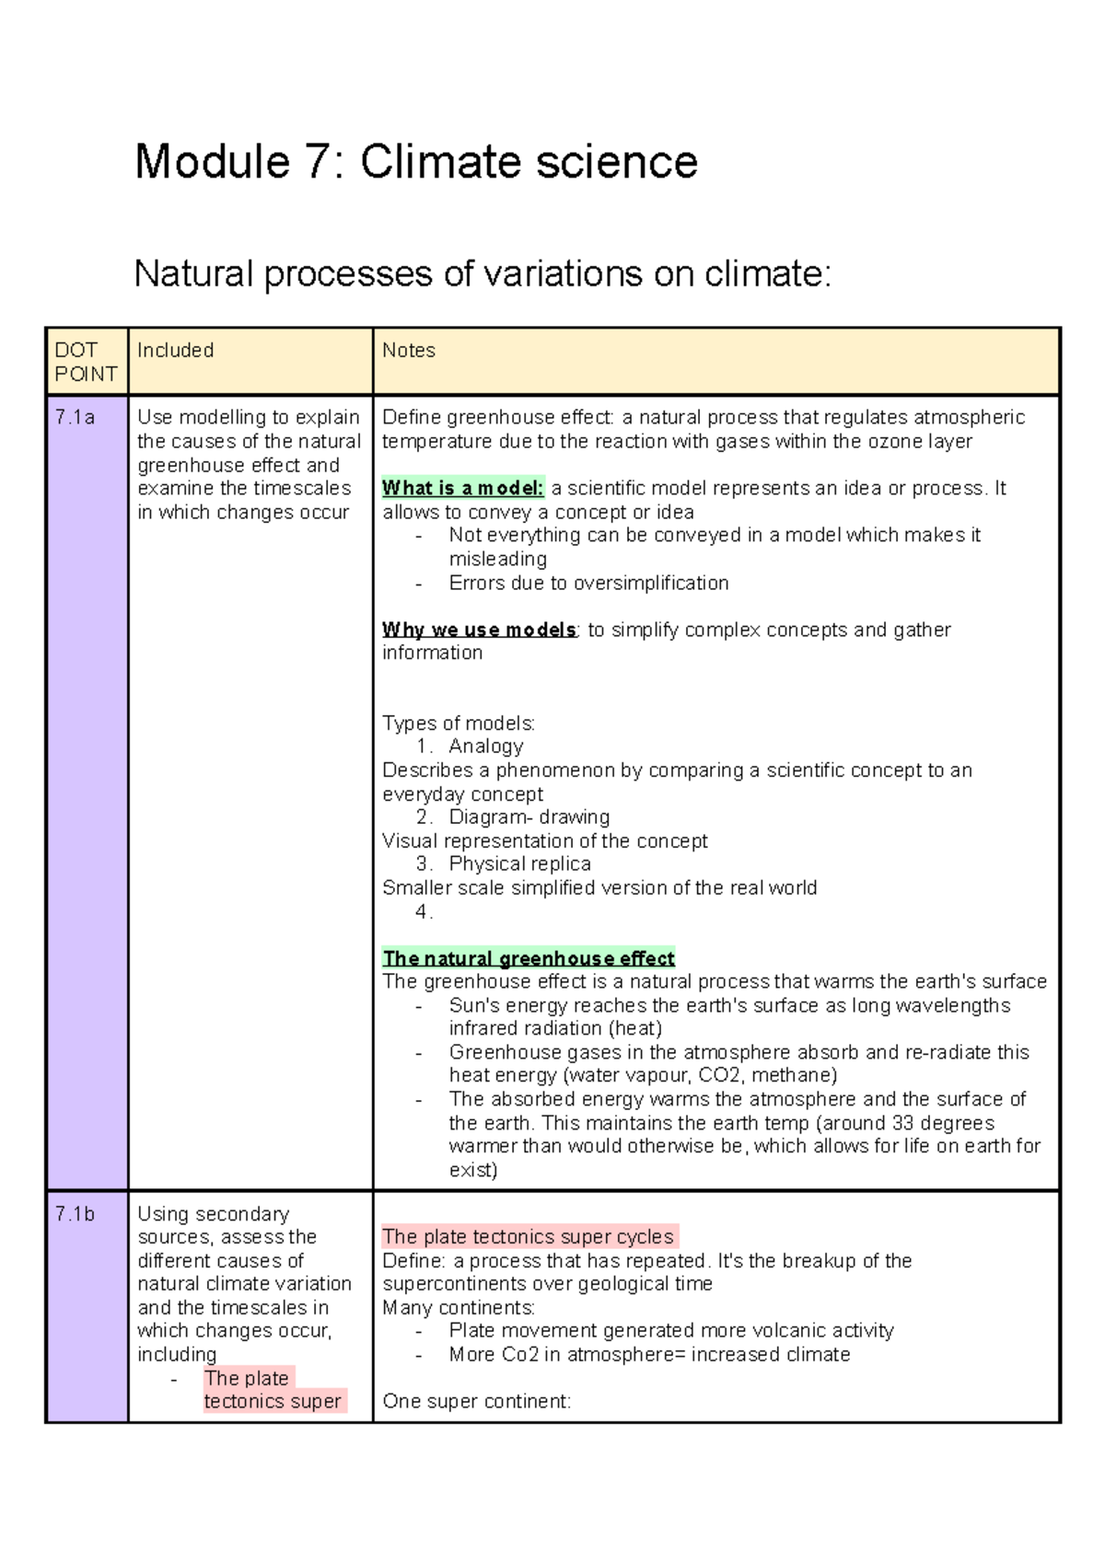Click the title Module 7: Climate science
pos(416,162)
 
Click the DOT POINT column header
pos(86,362)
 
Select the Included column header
pos(175,351)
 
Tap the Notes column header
pos(409,351)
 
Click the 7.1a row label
pos(75,418)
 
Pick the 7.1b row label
pos(75,1214)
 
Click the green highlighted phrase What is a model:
pos(463,489)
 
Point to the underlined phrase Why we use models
pos(479,630)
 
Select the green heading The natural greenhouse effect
pos(529,958)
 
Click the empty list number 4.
pos(424,911)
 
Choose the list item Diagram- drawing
pos(529,817)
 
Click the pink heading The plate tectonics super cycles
pos(529,1236)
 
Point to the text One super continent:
pos(476,1402)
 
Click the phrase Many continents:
pos(459,1308)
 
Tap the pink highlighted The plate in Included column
pos(247,1378)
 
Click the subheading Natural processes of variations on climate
pos(483,274)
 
